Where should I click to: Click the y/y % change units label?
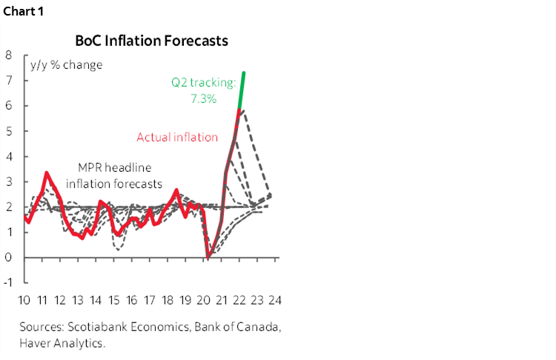click(66, 64)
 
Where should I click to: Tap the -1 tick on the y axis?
click(7, 283)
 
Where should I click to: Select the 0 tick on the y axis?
click(7, 258)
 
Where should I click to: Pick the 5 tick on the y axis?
click(7, 131)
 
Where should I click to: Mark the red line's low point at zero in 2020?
click(209, 257)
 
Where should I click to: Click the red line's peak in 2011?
click(47, 173)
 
